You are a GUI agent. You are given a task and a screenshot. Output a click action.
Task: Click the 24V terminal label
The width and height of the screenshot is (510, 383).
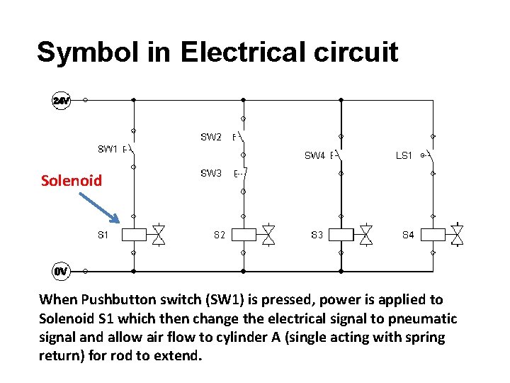tap(62, 101)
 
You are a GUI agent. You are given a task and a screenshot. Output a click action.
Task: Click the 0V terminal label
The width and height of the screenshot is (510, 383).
tap(62, 271)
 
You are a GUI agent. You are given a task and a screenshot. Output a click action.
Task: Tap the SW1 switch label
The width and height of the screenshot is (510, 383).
tap(107, 149)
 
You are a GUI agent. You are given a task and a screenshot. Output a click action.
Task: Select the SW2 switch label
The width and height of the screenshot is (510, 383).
tap(211, 137)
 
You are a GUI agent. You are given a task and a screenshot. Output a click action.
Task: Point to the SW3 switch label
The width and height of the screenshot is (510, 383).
tap(211, 173)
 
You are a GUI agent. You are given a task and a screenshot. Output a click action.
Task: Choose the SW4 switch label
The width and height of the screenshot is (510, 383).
tap(314, 155)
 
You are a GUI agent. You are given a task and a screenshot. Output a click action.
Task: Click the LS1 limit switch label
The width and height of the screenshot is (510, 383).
tap(404, 155)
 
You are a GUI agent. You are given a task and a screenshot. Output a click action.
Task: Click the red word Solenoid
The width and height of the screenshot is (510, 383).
tap(72, 181)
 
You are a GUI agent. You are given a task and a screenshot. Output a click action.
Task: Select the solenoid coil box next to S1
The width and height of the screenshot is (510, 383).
tap(135, 234)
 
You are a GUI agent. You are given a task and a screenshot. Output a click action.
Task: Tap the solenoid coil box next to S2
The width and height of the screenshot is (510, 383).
tap(244, 234)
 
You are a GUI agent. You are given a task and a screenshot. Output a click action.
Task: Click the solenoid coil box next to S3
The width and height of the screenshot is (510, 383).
tap(341, 234)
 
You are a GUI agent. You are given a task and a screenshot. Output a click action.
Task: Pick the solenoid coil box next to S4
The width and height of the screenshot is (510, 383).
tap(433, 234)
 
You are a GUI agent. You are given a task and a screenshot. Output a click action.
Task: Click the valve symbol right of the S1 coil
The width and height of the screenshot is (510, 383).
tap(159, 234)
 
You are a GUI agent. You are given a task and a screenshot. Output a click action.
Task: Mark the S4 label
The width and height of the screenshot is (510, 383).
tap(408, 234)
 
